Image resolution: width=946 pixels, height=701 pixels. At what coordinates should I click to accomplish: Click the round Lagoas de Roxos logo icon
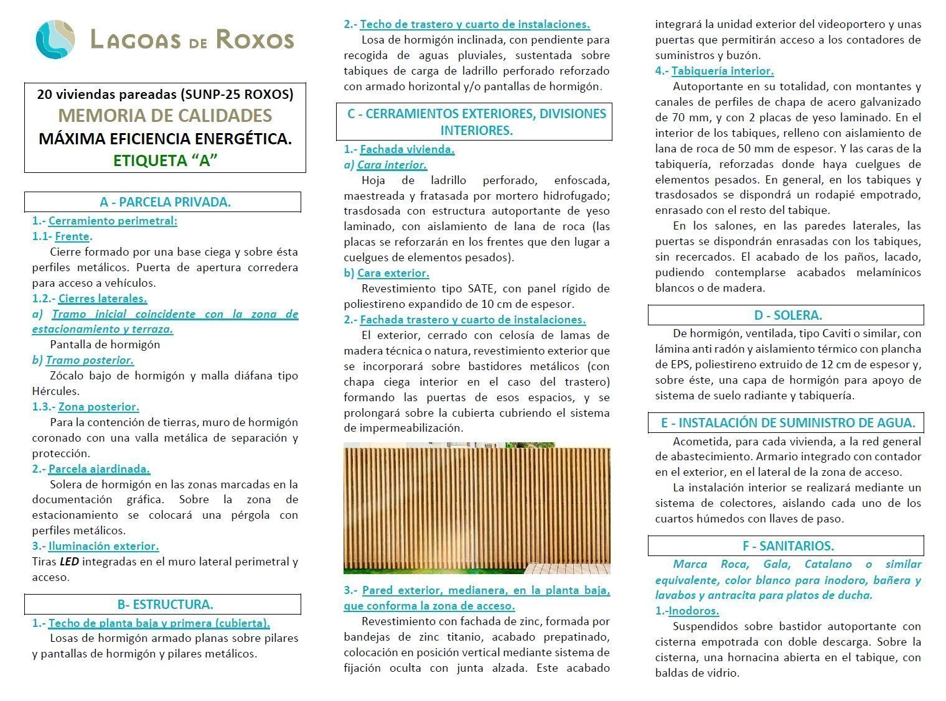[x=55, y=39]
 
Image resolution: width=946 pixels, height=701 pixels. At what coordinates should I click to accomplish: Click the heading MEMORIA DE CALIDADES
[x=165, y=116]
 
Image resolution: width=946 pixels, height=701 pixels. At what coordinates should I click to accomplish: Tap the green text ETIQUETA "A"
[x=165, y=160]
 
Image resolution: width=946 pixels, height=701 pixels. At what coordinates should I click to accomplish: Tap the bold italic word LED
[x=68, y=562]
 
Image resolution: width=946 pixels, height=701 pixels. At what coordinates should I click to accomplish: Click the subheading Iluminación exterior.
[x=103, y=546]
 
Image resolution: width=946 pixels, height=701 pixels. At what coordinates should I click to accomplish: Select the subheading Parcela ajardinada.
[x=99, y=469]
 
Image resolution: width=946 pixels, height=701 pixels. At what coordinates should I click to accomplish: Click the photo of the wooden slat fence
[x=477, y=508]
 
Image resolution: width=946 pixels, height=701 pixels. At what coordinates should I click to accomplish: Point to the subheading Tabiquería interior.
[x=722, y=71]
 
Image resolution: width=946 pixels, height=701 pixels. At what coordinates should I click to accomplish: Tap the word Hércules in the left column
[x=55, y=391]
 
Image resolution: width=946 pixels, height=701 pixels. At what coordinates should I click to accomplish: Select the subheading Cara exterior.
[x=393, y=273]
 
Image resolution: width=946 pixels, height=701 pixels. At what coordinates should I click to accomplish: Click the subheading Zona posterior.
[x=98, y=407]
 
